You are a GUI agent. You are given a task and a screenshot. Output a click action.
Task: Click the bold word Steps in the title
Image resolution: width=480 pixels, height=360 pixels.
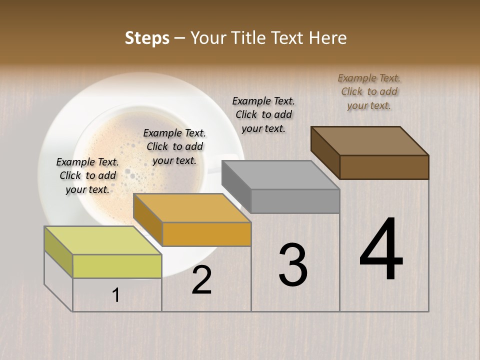click(x=146, y=38)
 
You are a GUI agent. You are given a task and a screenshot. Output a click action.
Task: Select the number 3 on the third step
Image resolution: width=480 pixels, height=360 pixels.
click(x=293, y=265)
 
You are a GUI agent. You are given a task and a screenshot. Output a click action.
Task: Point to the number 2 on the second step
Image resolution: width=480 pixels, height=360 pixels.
click(x=201, y=280)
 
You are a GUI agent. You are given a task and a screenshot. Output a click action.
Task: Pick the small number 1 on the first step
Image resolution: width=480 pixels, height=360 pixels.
click(x=116, y=295)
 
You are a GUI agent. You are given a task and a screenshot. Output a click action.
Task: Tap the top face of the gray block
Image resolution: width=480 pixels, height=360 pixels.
click(x=280, y=175)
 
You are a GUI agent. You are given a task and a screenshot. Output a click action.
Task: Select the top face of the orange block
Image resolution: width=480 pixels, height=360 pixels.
click(x=192, y=208)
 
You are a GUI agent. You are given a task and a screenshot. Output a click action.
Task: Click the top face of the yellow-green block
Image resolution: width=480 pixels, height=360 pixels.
click(x=103, y=240)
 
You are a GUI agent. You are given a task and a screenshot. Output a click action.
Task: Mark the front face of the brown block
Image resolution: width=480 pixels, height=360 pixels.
click(x=384, y=167)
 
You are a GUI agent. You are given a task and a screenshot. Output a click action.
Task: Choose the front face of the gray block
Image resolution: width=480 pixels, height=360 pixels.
click(x=295, y=201)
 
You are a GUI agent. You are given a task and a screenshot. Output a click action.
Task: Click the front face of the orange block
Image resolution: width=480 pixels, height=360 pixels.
click(x=206, y=234)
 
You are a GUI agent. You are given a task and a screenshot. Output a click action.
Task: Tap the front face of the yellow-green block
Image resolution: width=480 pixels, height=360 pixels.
click(x=117, y=266)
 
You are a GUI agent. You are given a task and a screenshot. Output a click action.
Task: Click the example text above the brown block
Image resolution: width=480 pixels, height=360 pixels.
click(x=369, y=91)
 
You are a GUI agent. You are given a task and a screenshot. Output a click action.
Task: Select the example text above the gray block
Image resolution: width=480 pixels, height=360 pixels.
click(x=263, y=114)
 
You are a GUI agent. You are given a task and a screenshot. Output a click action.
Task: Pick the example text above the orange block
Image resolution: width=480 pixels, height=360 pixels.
click(x=174, y=146)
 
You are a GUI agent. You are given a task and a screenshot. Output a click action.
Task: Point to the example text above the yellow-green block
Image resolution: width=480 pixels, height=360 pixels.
click(x=87, y=175)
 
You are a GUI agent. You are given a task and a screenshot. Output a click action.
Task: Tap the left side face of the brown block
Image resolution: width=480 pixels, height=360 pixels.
click(x=325, y=152)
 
